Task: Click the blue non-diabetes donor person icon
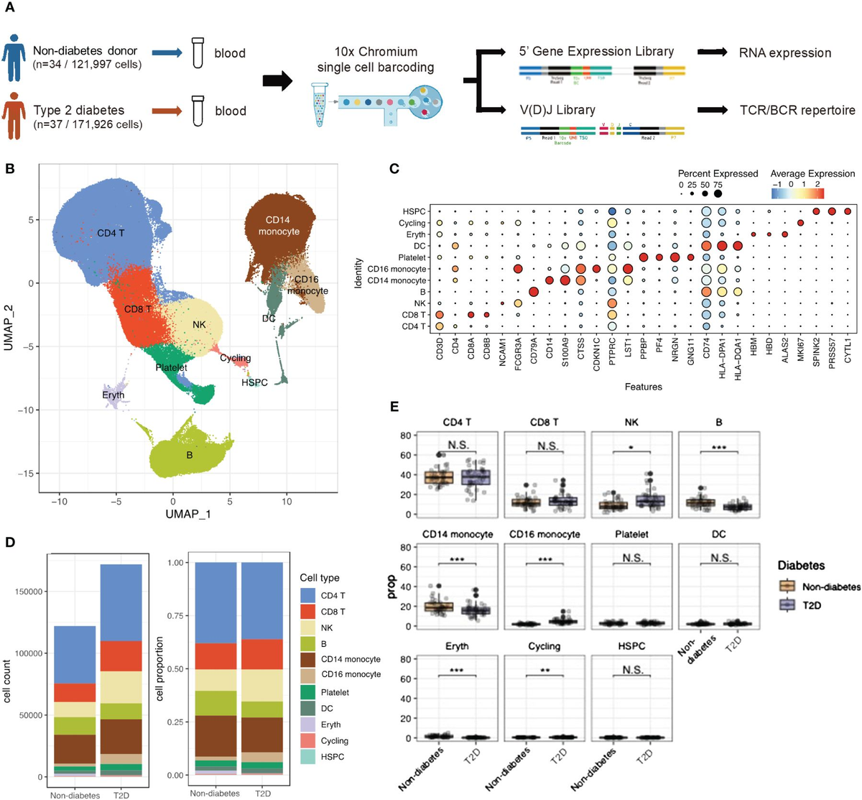(14, 53)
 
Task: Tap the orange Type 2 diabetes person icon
(14, 111)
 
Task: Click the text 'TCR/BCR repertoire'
(797, 111)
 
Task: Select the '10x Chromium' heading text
(376, 52)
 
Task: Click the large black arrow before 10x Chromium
(277, 81)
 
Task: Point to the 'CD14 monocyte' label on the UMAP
(279, 226)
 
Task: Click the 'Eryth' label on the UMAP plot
(113, 395)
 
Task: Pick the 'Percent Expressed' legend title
(718, 174)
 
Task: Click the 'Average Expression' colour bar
(797, 193)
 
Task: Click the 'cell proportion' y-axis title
(159, 668)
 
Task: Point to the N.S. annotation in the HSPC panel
(633, 670)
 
